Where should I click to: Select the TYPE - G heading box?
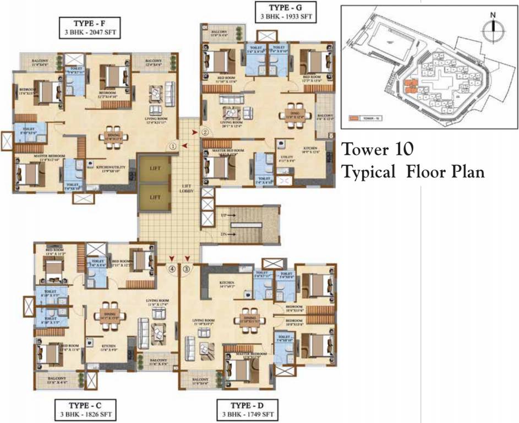pyautogui.click(x=285, y=12)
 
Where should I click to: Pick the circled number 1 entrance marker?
pyautogui.click(x=173, y=147)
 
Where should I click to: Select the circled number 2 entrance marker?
pyautogui.click(x=205, y=132)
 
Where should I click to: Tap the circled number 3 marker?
pyautogui.click(x=187, y=269)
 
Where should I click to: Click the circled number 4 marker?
pyautogui.click(x=173, y=269)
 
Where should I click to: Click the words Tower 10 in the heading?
pyautogui.click(x=378, y=149)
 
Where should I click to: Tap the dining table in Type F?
pyautogui.click(x=114, y=137)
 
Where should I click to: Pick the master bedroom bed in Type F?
pyautogui.click(x=31, y=174)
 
